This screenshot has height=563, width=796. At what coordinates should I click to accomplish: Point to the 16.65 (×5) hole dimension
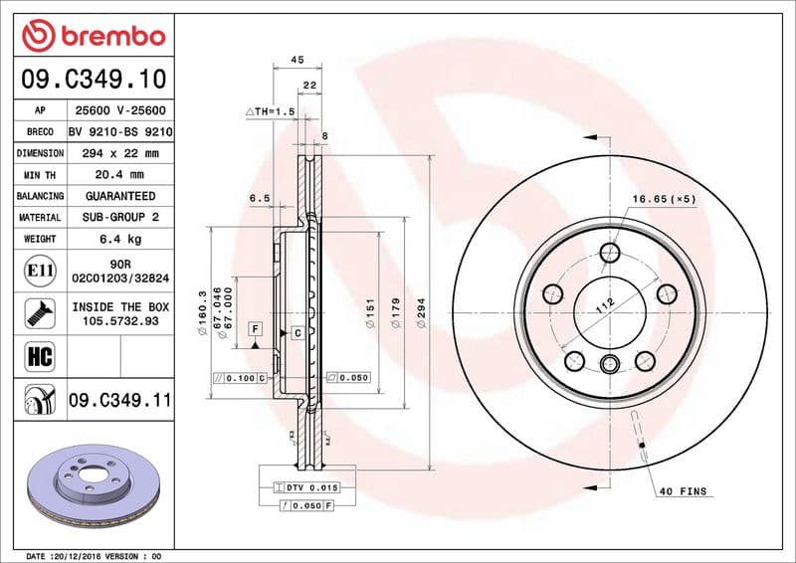click(664, 199)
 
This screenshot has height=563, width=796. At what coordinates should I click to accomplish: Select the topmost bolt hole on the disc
click(608, 254)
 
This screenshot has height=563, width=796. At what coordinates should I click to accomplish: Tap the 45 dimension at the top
click(297, 61)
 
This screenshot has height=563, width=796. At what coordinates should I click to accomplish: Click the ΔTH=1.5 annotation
click(271, 112)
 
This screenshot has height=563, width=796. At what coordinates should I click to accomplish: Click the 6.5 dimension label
click(261, 199)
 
